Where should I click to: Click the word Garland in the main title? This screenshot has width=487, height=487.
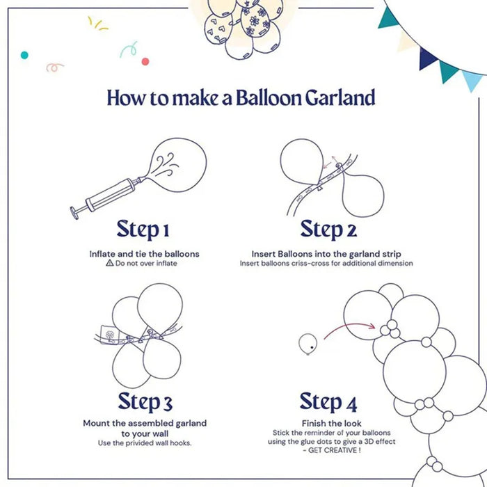[x=340, y=97]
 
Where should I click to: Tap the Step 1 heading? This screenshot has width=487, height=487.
[x=143, y=229]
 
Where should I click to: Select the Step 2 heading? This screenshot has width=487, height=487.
[x=328, y=229]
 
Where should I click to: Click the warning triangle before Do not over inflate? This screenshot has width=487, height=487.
[x=109, y=264]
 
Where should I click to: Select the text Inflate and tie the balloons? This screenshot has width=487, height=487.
[x=144, y=254]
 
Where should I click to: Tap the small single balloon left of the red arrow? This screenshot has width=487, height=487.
[x=307, y=342]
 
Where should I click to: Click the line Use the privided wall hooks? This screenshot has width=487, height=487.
[x=145, y=443]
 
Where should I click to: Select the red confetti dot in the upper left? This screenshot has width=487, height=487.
[x=145, y=61]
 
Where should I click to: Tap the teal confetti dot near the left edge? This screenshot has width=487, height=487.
[x=24, y=54]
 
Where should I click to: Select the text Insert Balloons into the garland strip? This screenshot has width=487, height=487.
[x=326, y=254]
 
